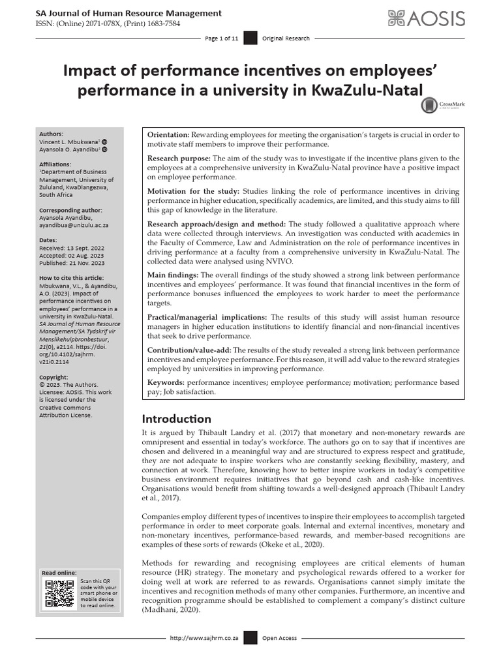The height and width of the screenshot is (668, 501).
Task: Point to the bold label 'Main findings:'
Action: coord(174,275)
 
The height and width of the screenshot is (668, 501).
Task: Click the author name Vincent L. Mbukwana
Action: coord(68,141)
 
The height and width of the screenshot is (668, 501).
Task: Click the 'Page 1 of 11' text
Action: coord(221,39)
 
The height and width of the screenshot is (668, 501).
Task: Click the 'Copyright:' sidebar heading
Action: coord(53,377)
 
